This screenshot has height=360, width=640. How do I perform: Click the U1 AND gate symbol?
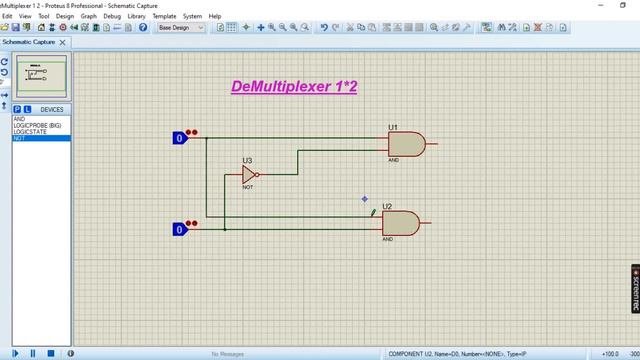[406, 144]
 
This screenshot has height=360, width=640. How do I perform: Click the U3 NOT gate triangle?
[250, 175]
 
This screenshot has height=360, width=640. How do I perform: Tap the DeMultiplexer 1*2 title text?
[294, 87]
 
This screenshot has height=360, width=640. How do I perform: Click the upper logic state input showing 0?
[180, 138]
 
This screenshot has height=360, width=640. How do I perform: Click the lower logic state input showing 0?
[180, 229]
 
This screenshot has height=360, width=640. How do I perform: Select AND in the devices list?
[19, 119]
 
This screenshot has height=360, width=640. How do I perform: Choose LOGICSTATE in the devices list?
[29, 132]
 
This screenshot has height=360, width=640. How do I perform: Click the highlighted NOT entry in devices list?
[19, 138]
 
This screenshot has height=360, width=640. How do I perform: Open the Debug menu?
[111, 16]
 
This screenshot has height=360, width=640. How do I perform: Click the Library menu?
[136, 16]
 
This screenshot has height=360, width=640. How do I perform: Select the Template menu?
[164, 16]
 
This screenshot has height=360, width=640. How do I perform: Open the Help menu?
[215, 16]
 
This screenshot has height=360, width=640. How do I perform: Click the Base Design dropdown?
[180, 28]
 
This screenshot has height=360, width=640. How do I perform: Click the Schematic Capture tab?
[30, 43]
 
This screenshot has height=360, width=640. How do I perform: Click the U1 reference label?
[393, 128]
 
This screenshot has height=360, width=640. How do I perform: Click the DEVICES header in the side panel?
[51, 109]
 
